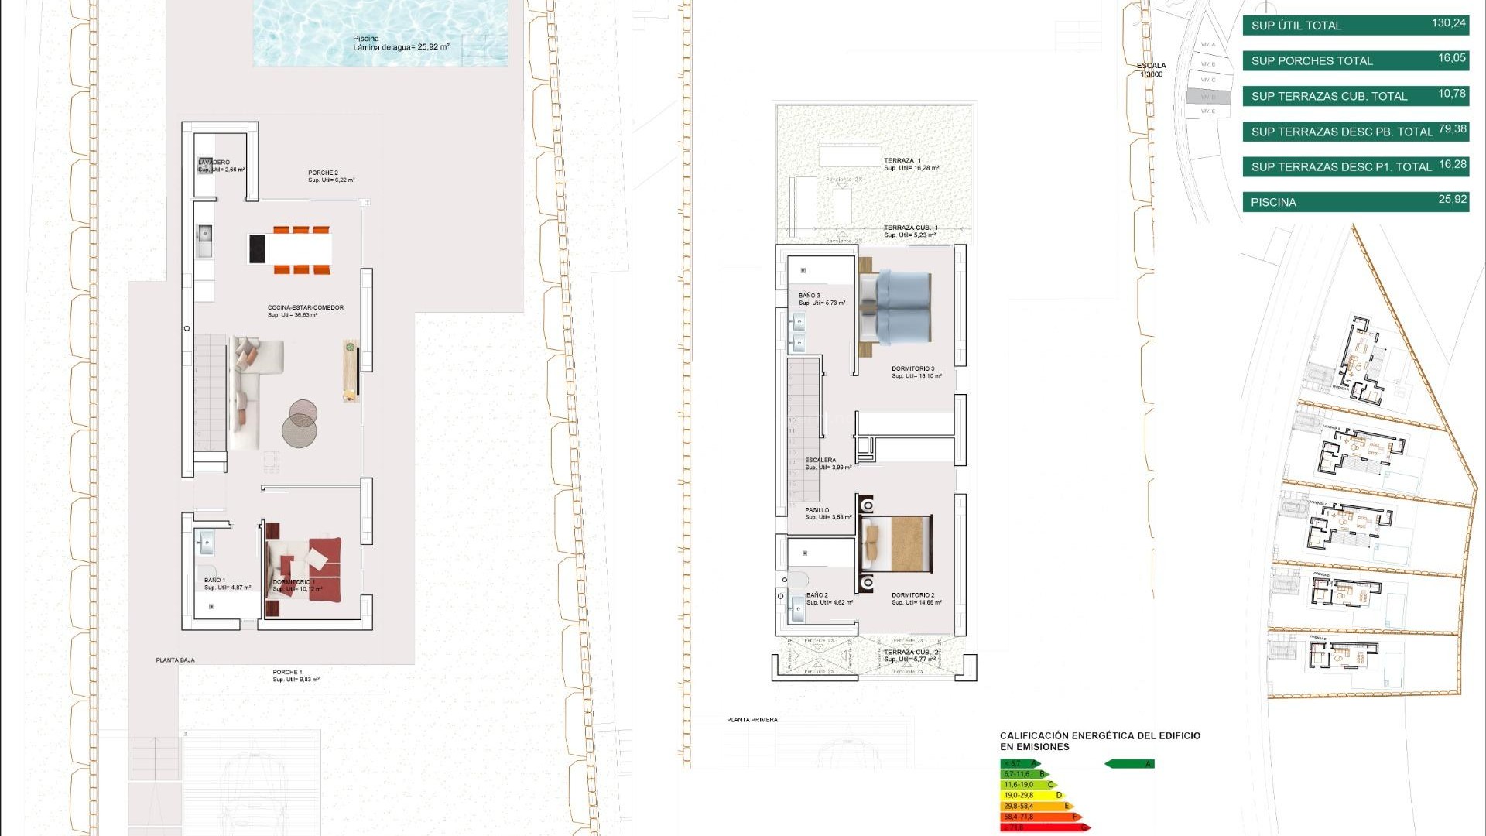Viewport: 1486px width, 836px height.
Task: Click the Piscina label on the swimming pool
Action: click(x=366, y=39)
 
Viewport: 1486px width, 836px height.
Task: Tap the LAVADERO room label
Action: click(x=214, y=163)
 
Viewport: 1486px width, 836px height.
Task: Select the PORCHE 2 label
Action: click(x=323, y=173)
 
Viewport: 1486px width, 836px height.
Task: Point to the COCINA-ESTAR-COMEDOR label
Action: click(x=305, y=308)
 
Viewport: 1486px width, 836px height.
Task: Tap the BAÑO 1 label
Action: click(x=214, y=581)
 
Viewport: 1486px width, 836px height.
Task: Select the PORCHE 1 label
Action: click(x=287, y=673)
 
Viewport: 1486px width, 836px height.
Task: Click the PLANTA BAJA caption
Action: click(x=175, y=661)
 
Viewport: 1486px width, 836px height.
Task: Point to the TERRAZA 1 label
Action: click(x=902, y=161)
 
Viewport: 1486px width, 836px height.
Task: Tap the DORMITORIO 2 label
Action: click(x=912, y=596)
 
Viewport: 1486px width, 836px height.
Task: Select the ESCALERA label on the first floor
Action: click(x=820, y=461)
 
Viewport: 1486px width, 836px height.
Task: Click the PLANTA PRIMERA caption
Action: click(x=752, y=721)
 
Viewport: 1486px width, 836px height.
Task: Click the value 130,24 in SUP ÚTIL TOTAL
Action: click(x=1448, y=23)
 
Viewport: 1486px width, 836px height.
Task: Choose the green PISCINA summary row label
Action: click(x=1273, y=203)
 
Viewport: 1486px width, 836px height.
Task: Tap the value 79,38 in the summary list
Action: click(x=1452, y=129)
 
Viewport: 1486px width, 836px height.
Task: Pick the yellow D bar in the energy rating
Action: click(x=1031, y=796)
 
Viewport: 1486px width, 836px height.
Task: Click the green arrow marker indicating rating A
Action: click(x=1129, y=764)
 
